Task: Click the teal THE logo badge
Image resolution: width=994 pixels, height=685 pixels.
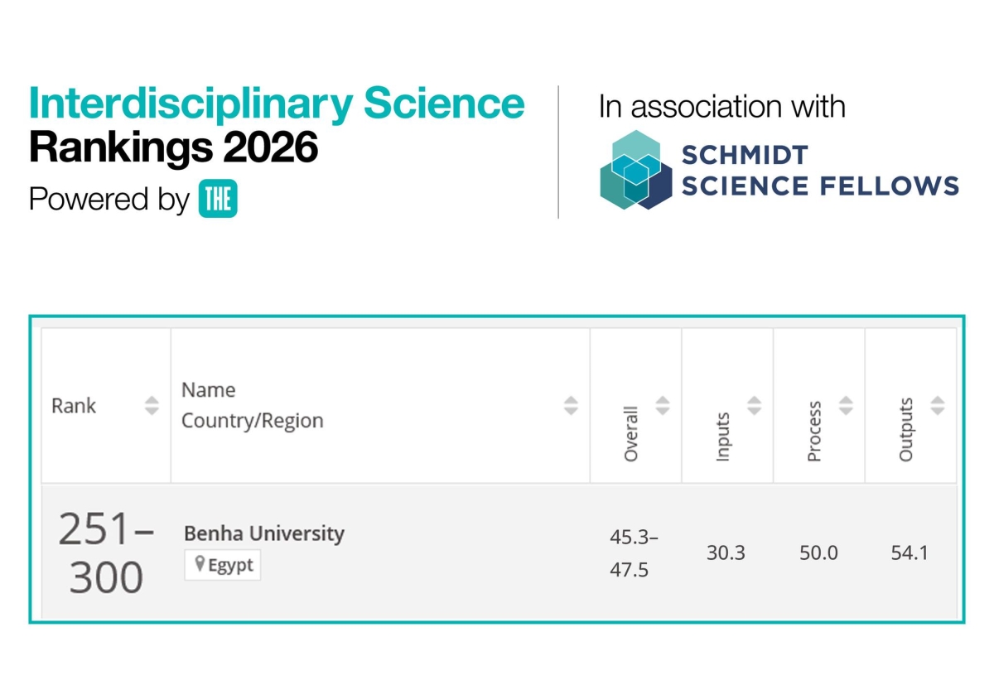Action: coord(218,199)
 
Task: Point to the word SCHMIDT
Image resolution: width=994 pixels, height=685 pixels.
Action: coord(744,155)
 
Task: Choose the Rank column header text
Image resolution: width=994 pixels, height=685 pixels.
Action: coord(74,406)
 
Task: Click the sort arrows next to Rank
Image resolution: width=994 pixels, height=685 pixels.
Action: coord(152,406)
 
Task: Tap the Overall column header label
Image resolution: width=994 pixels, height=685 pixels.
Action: coord(631,433)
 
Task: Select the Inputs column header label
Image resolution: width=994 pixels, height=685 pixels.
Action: coord(722,437)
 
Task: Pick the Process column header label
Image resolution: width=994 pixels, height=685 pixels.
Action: coord(814,431)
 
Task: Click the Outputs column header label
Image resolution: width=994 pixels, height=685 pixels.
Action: coord(905,429)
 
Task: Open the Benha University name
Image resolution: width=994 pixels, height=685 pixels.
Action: coord(263,533)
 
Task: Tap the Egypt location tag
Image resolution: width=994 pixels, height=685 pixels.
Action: coord(223,566)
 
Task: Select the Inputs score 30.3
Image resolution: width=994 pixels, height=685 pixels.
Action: coord(726,552)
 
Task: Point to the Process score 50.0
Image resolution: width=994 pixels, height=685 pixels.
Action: coord(818,552)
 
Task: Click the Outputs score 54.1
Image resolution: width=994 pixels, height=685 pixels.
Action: coord(910,552)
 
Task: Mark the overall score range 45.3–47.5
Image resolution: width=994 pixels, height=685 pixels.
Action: coord(634,553)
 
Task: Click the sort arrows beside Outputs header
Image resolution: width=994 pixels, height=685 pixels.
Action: coord(937,405)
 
